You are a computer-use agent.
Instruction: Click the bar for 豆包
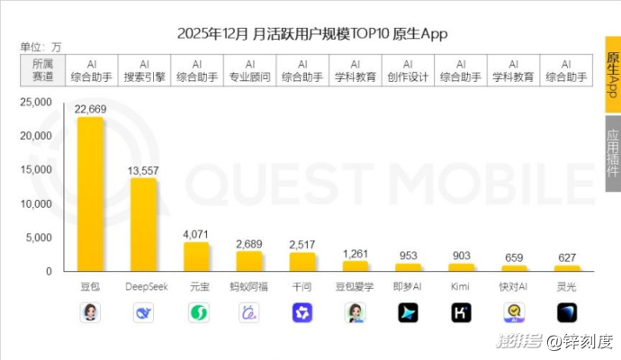click(90, 193)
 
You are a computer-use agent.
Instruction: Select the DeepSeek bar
click(144, 224)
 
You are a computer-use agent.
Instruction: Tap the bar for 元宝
click(196, 256)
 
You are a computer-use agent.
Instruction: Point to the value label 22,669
click(91, 110)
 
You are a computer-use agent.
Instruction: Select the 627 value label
click(567, 258)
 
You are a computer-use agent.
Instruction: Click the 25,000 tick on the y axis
click(37, 103)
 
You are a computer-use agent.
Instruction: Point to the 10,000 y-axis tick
click(37, 204)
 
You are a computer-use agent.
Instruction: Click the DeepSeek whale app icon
click(143, 312)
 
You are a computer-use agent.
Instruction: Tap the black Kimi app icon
click(461, 312)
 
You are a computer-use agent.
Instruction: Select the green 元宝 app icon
click(196, 312)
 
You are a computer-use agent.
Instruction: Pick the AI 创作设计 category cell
click(408, 70)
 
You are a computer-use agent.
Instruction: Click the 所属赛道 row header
click(42, 70)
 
